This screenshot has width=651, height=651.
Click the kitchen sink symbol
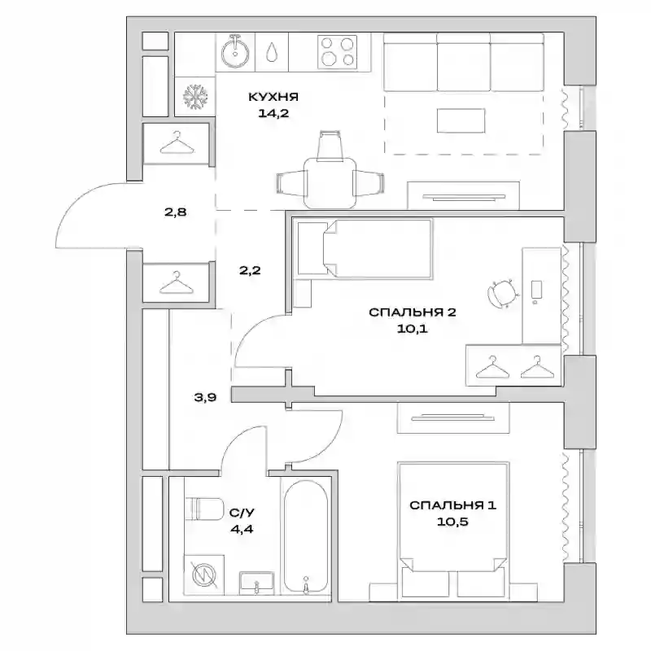235,52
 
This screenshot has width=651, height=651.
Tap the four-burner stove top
337,51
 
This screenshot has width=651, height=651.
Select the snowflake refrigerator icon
195,97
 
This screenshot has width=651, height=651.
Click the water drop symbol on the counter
272,52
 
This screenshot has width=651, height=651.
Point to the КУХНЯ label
273,97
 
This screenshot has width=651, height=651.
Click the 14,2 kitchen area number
273,113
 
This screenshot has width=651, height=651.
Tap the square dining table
330,182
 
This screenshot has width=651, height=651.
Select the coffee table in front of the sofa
461,120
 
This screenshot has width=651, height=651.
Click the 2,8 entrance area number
175,212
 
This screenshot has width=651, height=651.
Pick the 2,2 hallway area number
250,270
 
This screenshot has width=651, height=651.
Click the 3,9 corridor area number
206,397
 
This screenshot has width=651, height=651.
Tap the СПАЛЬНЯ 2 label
413,312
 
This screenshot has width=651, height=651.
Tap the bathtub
306,537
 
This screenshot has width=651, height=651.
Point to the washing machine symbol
204,575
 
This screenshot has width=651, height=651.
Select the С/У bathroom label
242,513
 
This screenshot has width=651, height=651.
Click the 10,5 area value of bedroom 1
452,522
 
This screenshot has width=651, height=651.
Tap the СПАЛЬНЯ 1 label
452,505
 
